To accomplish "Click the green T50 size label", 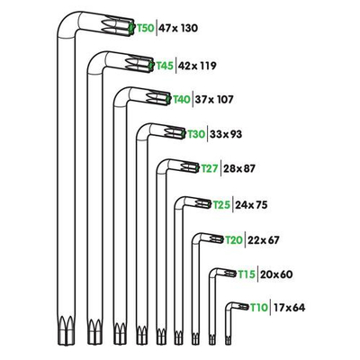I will pyautogui.click(x=144, y=29).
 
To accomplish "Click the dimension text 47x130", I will pyautogui.click(x=178, y=29).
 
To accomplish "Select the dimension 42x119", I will pyautogui.click(x=199, y=65).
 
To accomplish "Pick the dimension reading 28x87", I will pyautogui.click(x=240, y=168).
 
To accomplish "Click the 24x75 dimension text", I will pyautogui.click(x=253, y=204).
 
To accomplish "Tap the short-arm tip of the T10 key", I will pyautogui.click(x=242, y=307).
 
